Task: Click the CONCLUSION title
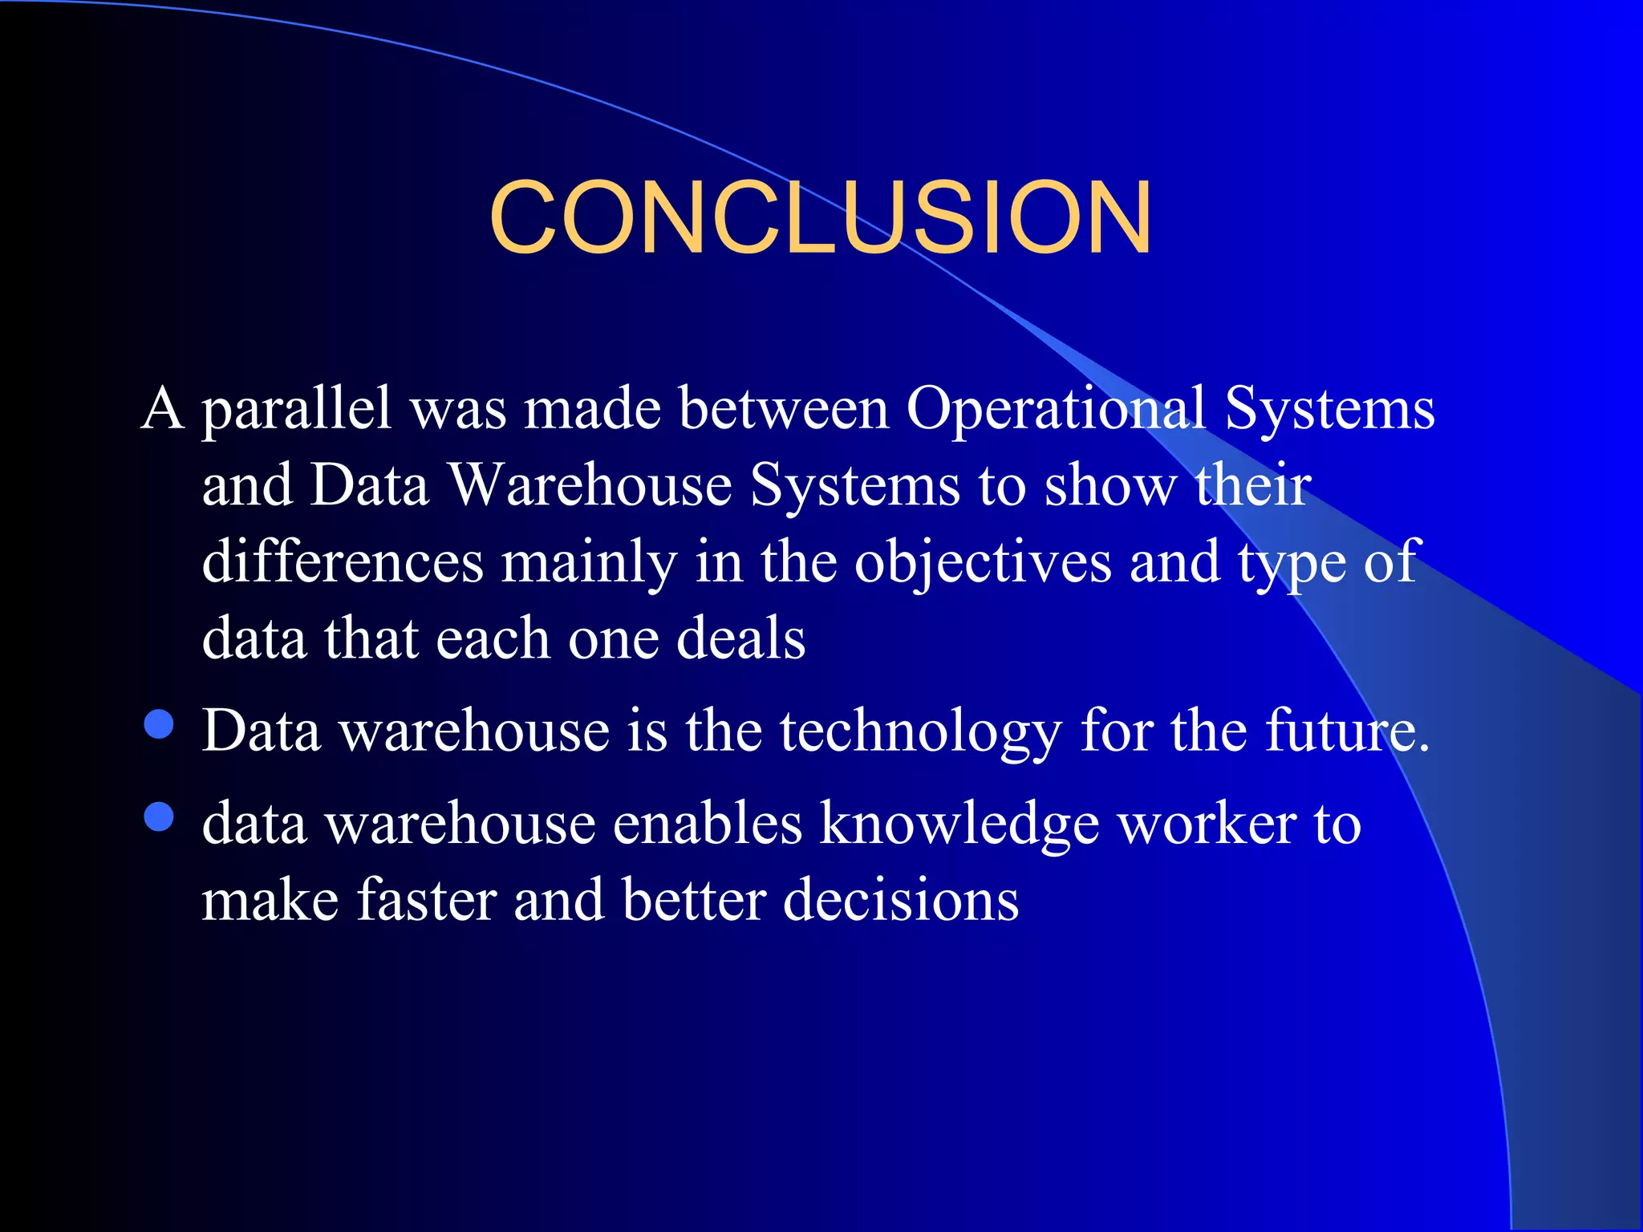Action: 820,218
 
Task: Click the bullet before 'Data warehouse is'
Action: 160,723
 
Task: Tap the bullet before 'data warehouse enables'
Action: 160,817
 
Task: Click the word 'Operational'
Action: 1056,409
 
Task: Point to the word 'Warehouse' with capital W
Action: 590,485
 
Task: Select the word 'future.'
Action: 1348,731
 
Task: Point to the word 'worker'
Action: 1207,825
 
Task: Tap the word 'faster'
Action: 427,900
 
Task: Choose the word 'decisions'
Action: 900,900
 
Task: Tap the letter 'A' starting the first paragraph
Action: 163,409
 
